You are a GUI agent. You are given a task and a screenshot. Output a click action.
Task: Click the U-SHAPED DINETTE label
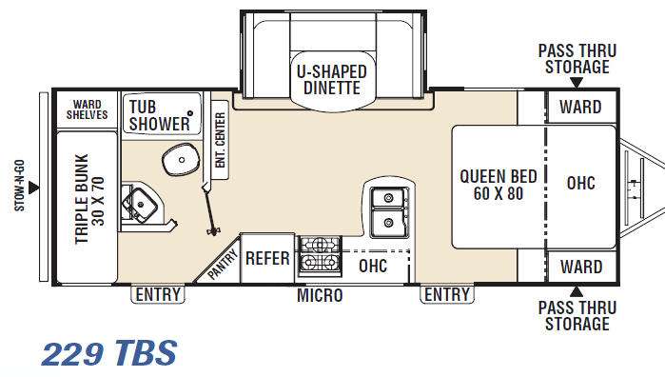pos(332,79)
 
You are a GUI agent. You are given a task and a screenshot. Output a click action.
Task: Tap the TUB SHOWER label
pos(160,115)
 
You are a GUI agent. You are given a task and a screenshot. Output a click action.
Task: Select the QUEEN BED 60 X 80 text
pos(499,185)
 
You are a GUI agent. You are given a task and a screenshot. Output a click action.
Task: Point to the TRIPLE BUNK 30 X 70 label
pos(89,199)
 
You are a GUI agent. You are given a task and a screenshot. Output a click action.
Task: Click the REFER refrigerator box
pos(267,258)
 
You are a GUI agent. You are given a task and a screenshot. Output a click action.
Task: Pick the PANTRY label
pos(223,265)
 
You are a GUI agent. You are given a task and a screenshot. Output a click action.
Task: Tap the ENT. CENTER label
pos(220,140)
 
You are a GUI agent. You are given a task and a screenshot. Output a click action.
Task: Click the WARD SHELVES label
pos(87,109)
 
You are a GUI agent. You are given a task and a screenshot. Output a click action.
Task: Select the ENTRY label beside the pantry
pos(158,294)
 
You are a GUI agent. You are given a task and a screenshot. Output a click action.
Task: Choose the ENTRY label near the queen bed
pos(447,294)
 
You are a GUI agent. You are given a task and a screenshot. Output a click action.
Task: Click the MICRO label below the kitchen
pos(320,295)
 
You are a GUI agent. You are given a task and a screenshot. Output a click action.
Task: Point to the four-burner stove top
pos(321,256)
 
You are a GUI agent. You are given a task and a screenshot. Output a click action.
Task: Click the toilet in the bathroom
pos(181,159)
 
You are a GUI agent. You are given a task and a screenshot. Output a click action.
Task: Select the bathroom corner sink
pos(139,206)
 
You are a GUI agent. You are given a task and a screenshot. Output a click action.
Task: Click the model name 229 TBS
pos(109,353)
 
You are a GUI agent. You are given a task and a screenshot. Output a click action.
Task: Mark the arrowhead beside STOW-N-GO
pos(34,188)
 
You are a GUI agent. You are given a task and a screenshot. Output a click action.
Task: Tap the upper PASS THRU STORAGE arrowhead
pos(577,83)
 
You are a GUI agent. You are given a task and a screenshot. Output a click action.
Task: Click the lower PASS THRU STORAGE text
pos(577,315)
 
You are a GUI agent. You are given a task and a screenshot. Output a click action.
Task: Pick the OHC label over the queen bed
pos(581,183)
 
